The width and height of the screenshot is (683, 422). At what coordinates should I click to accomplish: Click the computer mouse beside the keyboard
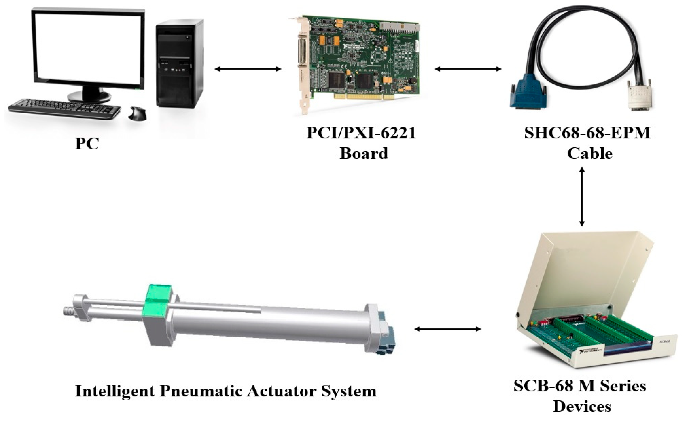pos(138,114)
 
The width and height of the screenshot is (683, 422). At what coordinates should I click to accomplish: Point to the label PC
pos(87,144)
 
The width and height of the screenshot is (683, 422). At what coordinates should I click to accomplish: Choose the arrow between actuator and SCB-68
pos(447,329)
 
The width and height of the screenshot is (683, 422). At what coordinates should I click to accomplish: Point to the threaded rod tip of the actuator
pos(68,311)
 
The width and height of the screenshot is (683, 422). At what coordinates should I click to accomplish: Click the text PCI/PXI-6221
pos(361,133)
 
